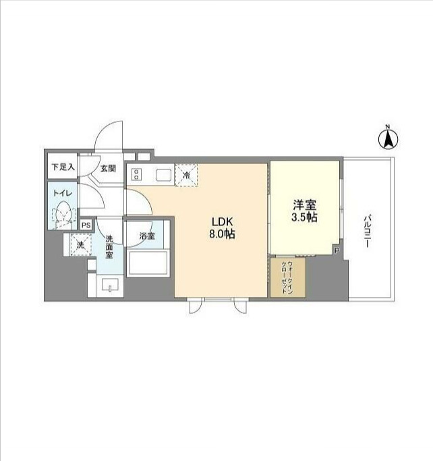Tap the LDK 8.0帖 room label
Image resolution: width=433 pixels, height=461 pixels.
pos(222,227)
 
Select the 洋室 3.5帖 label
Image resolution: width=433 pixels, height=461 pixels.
pos(304,211)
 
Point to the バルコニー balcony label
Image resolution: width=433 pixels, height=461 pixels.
pos(367,232)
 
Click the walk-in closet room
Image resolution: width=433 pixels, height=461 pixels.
pos(288,277)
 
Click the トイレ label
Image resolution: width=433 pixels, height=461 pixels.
pos(63,193)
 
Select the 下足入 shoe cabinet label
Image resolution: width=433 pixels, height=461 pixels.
pos(63,167)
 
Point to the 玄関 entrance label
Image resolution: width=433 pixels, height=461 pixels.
pos(108,169)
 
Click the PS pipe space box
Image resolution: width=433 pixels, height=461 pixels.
pos(86,225)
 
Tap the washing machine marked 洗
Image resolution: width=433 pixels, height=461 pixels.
pos(80,244)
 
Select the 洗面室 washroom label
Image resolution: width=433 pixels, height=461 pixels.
pos(109,246)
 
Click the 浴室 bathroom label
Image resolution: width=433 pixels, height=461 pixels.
pos(147,236)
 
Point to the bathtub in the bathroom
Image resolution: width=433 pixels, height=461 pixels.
pos(148,263)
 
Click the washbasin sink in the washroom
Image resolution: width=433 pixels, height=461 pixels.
pos(110,286)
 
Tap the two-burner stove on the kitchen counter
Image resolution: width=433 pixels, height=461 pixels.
pos(136,173)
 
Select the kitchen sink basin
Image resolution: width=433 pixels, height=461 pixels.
pos(163,175)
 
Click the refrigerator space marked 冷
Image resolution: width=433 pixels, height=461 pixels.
pos(186,175)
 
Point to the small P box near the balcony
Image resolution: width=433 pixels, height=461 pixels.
pos(337,250)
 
